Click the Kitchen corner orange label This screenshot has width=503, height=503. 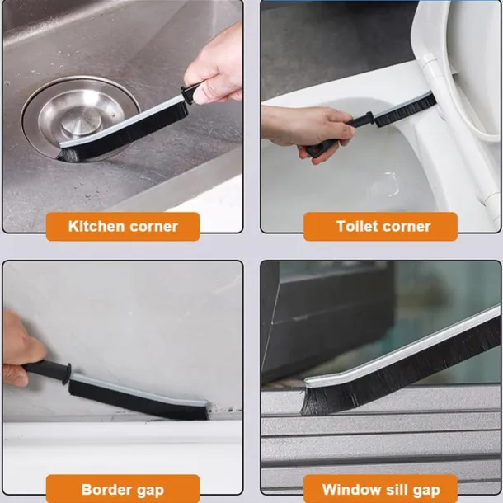click(123, 226)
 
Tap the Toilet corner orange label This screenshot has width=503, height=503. click(380, 226)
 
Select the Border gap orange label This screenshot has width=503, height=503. click(123, 488)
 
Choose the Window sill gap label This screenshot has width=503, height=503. click(380, 488)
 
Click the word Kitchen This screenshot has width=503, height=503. click(96, 226)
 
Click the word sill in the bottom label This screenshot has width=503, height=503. click(395, 489)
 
